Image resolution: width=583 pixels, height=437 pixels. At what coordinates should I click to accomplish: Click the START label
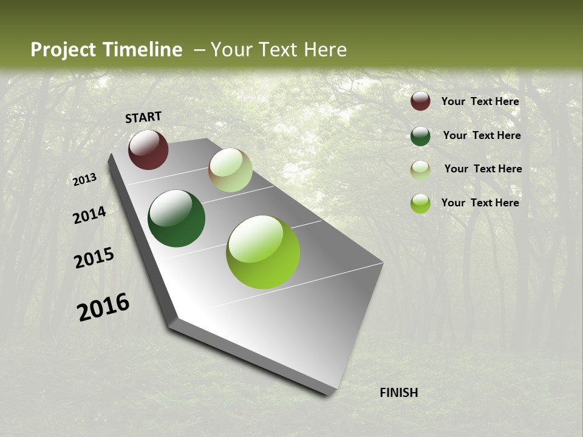(143, 117)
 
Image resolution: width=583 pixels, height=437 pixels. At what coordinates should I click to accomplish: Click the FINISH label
(399, 393)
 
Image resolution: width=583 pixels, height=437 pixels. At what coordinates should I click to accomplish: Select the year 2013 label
(85, 180)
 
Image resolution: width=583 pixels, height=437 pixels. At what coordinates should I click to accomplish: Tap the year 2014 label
(89, 215)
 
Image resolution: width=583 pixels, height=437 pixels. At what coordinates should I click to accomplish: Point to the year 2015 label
(94, 258)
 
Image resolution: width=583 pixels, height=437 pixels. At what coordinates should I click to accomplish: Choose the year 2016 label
(103, 307)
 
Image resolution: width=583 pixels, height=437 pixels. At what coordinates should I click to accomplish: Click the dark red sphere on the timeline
(148, 149)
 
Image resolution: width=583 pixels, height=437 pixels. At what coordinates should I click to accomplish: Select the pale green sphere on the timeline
(230, 170)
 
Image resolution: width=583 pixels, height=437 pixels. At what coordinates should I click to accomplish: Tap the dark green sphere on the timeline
(176, 218)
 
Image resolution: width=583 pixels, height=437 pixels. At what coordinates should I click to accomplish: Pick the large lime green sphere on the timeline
(263, 252)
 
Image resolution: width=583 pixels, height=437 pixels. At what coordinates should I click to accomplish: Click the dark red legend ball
(420, 101)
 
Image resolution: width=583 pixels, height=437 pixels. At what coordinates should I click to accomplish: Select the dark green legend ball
(420, 136)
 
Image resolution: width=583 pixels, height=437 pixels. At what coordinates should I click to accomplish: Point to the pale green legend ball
(420, 170)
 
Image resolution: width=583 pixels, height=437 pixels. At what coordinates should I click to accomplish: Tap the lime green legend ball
(420, 203)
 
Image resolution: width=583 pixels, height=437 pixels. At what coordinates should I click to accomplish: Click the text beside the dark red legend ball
(480, 101)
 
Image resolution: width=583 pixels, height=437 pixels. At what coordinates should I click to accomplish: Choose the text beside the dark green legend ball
(482, 135)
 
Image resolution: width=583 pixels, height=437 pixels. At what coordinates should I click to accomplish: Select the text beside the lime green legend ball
(480, 203)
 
